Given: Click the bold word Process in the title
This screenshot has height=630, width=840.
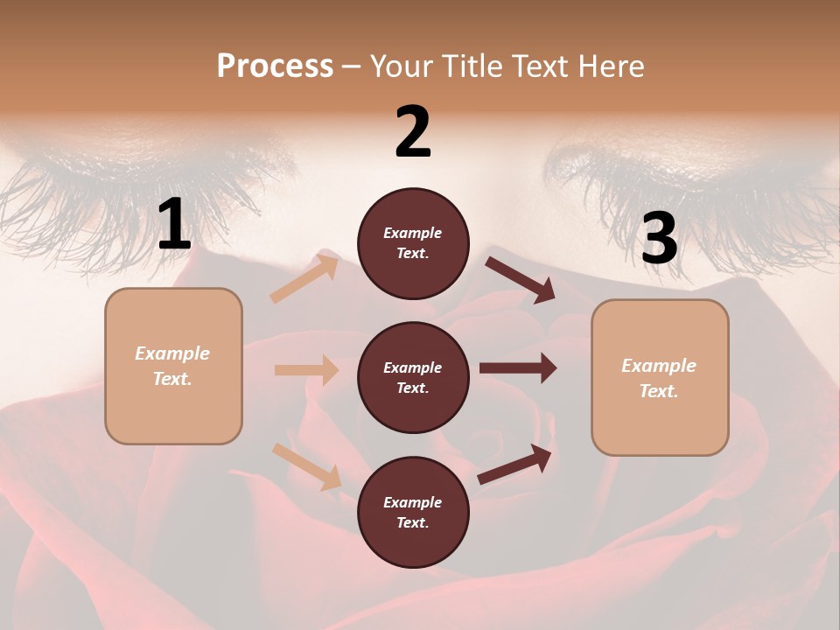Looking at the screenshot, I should [x=275, y=66].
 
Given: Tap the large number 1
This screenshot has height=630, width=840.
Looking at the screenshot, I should [x=174, y=225].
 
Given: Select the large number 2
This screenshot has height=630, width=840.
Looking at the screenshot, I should [x=413, y=132].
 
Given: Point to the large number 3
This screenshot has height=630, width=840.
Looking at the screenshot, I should [x=659, y=239].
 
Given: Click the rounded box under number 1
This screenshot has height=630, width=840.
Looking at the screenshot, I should [x=173, y=366].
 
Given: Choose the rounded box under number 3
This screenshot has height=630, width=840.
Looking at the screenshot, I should [x=660, y=378].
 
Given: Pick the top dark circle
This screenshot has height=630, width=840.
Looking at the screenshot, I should [x=413, y=243].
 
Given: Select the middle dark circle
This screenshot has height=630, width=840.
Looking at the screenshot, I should [x=413, y=377].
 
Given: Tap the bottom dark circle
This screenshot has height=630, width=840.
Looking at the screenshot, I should [x=413, y=512].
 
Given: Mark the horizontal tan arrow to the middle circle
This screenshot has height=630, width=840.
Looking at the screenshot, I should [x=306, y=370].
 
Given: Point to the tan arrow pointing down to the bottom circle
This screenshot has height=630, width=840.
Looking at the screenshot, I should [x=306, y=465].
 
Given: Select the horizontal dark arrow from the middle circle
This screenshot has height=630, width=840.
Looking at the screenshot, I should [x=518, y=368].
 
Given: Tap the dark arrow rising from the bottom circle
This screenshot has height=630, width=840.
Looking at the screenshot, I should [x=515, y=464].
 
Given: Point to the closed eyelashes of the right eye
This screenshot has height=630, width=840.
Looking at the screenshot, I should [x=691, y=188].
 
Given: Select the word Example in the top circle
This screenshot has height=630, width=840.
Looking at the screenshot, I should [x=413, y=233].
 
